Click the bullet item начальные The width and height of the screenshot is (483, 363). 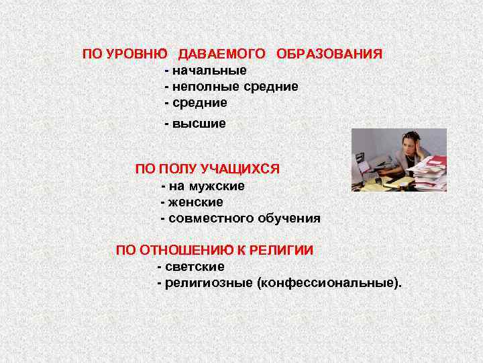pos(209,71)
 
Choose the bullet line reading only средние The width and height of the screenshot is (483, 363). pos(199,103)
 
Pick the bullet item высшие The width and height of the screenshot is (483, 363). pos(199,124)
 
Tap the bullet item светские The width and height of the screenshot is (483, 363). pos(195,267)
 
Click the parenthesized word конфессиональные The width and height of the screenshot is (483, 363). pos(327,283)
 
